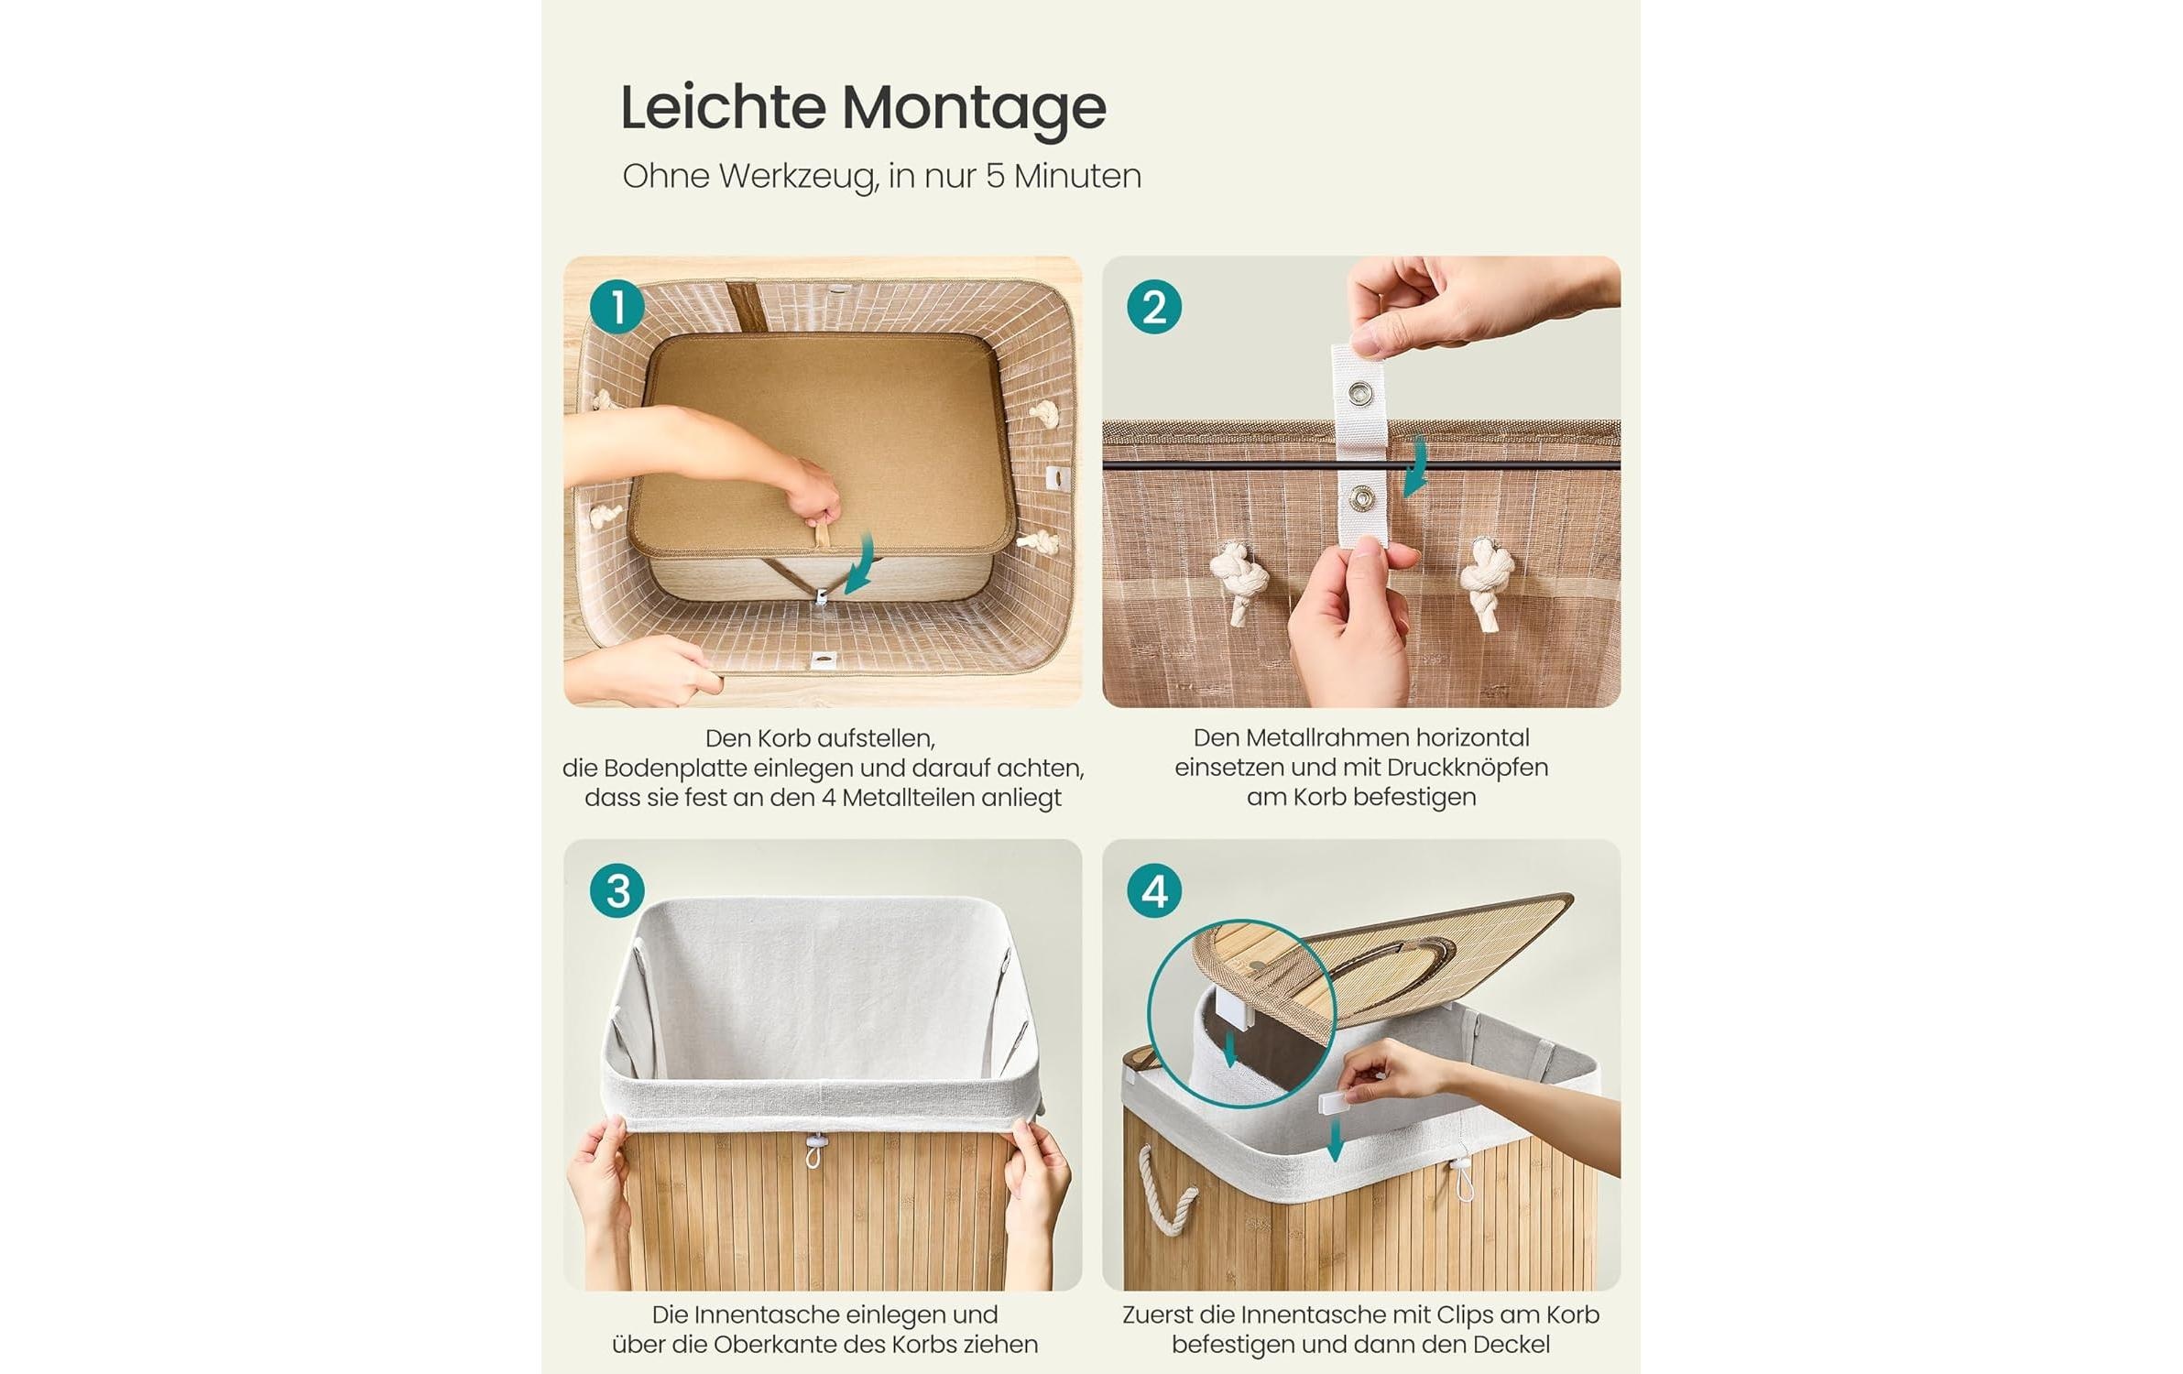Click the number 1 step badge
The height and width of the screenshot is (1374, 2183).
[617, 307]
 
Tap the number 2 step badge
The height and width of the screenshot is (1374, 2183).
[1154, 307]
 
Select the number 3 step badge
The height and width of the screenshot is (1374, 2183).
[617, 890]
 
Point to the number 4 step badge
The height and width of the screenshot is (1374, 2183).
[1154, 890]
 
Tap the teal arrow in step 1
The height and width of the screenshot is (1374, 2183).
[858, 565]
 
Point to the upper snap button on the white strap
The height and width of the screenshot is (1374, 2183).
[1359, 393]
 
